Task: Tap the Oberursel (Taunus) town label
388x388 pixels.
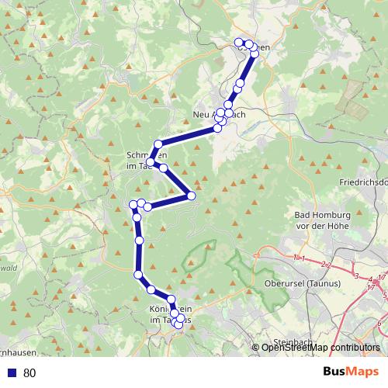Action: click(x=299, y=284)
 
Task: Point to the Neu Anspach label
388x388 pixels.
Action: click(x=219, y=115)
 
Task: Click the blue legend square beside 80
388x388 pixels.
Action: click(x=12, y=372)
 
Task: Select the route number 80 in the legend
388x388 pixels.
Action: click(x=29, y=372)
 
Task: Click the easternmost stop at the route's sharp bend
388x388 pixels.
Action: click(x=191, y=196)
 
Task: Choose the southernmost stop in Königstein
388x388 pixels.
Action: click(x=178, y=326)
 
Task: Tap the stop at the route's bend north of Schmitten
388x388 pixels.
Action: click(x=158, y=144)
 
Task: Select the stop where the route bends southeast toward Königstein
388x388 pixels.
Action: click(x=138, y=274)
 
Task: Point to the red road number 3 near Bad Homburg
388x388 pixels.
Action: click(x=356, y=275)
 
